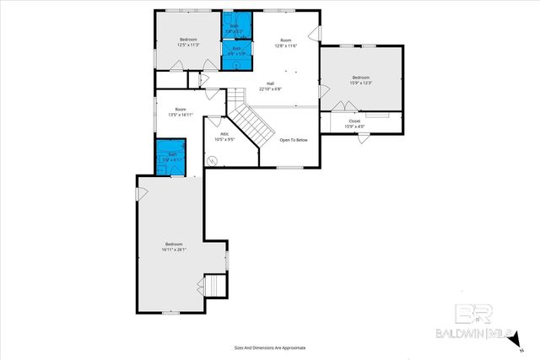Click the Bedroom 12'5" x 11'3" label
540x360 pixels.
(188, 42)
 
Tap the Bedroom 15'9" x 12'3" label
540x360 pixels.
(361, 80)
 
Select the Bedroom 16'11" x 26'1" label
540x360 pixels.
(174, 246)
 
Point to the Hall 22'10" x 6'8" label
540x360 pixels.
(271, 86)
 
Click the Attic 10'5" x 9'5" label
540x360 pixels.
(225, 137)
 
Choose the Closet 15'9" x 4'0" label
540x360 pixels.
(354, 123)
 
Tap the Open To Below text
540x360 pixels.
(294, 140)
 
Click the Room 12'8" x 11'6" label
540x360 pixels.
(286, 42)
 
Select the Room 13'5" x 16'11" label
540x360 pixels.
(180, 111)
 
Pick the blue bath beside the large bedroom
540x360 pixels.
(172, 157)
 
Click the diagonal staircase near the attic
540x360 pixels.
(253, 122)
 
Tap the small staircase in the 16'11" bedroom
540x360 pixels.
(217, 285)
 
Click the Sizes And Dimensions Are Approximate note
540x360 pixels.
(269, 347)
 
